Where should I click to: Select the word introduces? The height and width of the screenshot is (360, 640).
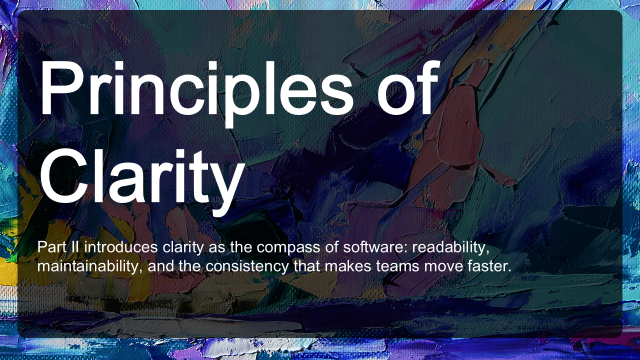(121, 247)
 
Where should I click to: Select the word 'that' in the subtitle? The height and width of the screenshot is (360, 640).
(307, 266)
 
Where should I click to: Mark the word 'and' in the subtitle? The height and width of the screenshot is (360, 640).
(160, 266)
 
